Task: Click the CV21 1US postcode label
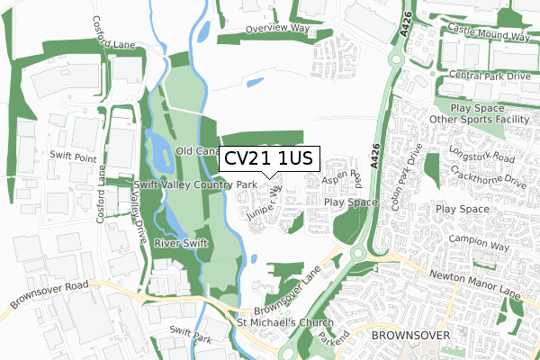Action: pos(267,158)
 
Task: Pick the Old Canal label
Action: pos(198,150)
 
